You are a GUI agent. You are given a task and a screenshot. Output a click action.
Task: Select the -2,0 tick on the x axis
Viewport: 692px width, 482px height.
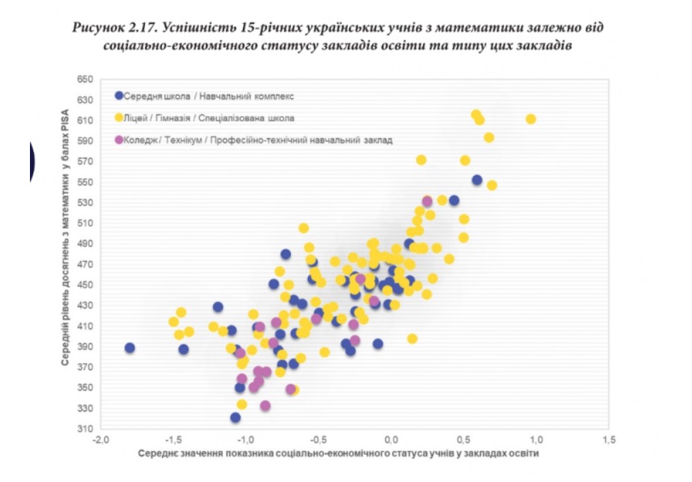click(x=101, y=438)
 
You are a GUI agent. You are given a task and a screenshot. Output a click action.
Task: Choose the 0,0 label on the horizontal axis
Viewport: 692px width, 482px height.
click(x=391, y=438)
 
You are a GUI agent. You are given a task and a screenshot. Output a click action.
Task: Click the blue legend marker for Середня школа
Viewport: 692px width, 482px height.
click(x=119, y=95)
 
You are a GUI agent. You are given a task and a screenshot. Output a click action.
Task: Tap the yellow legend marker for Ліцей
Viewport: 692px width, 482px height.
click(x=119, y=117)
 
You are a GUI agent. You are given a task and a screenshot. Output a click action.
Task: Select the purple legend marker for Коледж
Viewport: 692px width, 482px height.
click(x=119, y=140)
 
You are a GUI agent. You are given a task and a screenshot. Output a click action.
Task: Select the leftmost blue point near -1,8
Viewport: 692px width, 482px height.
click(x=129, y=348)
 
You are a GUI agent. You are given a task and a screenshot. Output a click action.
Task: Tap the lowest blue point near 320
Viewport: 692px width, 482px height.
click(x=235, y=417)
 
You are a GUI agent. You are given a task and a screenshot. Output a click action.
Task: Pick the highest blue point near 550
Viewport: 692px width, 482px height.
click(x=477, y=180)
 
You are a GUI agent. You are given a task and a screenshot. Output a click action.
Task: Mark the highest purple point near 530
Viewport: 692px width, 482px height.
click(x=427, y=201)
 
